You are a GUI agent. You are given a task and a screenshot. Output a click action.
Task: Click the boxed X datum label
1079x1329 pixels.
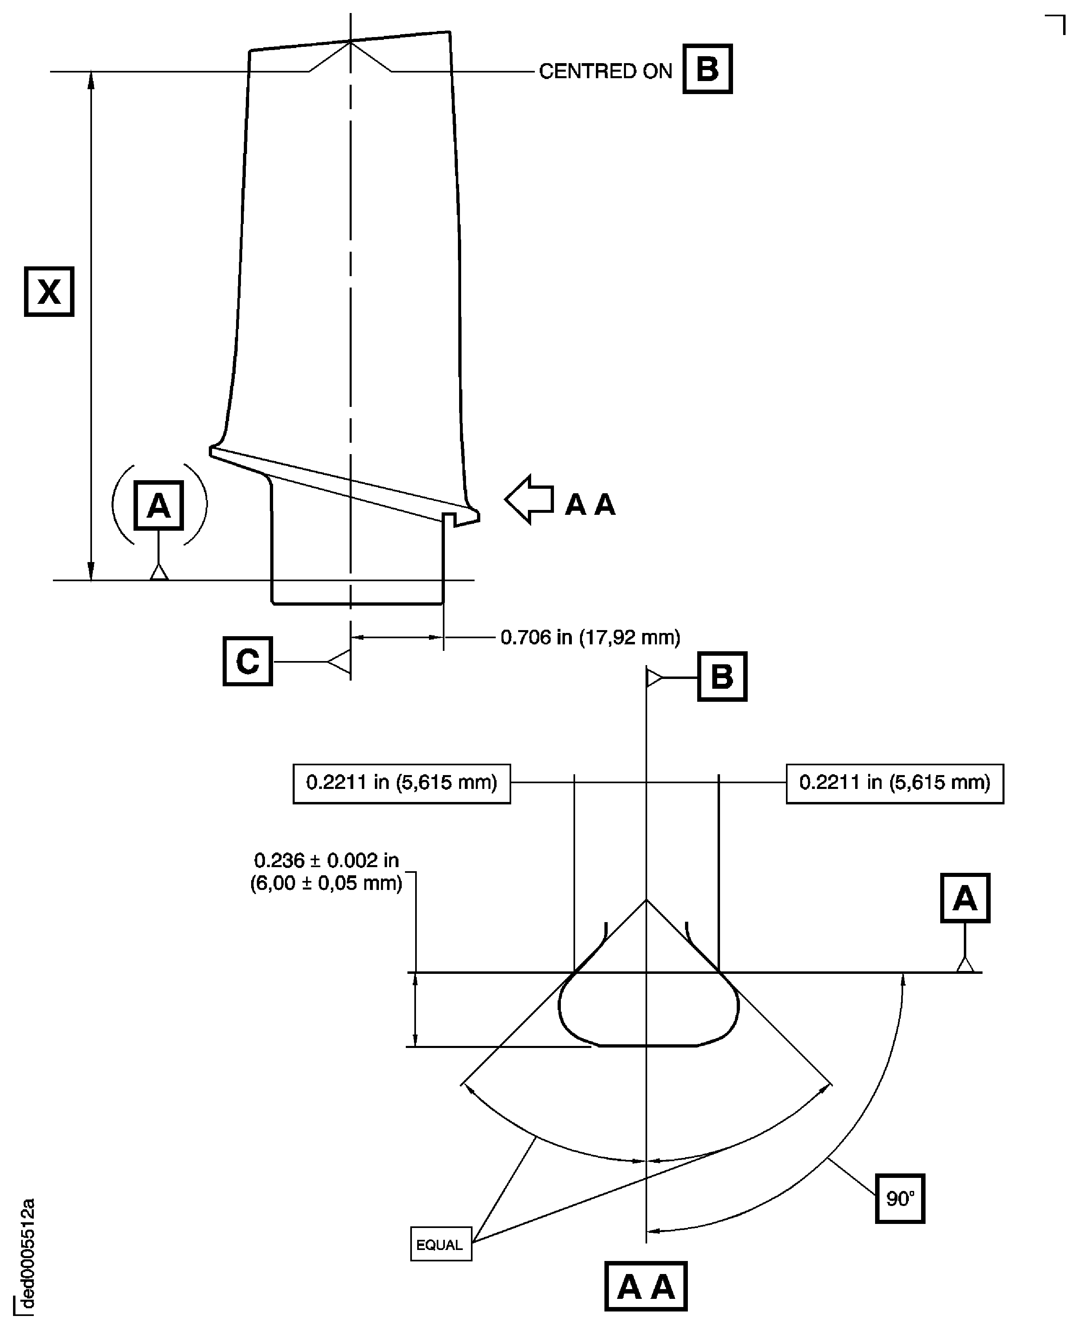pos(49,292)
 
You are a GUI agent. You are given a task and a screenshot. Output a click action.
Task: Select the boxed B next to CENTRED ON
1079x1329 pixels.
pos(707,69)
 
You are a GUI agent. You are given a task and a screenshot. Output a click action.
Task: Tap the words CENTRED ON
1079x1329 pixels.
pos(605,72)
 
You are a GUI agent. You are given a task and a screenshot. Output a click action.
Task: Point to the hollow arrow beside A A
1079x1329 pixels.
pos(529,499)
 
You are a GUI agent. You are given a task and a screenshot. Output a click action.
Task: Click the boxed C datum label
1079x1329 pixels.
pos(247,661)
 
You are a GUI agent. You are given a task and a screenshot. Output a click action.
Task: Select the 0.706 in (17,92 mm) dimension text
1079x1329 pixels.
pos(591,637)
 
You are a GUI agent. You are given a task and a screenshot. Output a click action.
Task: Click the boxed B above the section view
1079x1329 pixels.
pos(722,677)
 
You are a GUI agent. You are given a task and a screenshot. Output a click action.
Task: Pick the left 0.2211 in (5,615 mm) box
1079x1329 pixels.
pos(401,784)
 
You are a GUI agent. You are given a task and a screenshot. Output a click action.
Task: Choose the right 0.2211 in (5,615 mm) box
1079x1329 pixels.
pos(894,784)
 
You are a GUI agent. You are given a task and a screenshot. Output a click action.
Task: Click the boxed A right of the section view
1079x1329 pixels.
pos(965,898)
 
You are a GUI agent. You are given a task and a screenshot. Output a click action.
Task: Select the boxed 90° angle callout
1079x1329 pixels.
pos(900,1198)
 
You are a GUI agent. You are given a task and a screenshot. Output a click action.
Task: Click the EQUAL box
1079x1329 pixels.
pos(441,1244)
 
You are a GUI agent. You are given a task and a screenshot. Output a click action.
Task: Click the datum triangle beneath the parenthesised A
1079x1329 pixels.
pos(159,572)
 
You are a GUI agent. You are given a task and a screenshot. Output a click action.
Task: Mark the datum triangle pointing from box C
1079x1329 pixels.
pos(340,662)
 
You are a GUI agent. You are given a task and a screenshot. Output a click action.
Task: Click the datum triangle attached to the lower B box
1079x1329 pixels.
pos(654,677)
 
